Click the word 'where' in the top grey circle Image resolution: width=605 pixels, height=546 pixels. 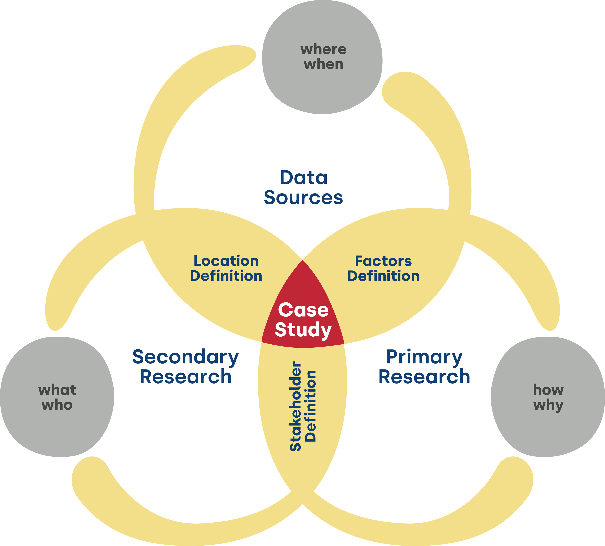(x=323, y=49)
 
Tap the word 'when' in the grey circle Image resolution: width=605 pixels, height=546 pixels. (x=323, y=64)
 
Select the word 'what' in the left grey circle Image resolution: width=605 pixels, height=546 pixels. (x=57, y=390)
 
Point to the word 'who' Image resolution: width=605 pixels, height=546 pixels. (x=57, y=405)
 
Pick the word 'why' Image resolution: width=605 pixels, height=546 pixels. (x=548, y=405)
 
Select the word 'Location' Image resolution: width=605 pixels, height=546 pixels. (x=226, y=261)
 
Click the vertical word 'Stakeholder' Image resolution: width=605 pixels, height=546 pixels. (x=295, y=407)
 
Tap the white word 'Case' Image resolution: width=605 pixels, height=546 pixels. (x=303, y=310)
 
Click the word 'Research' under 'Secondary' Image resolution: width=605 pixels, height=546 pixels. (x=186, y=377)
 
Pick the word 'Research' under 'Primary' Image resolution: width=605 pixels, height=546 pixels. (x=424, y=377)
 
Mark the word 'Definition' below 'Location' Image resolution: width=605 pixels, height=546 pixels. (x=226, y=276)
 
